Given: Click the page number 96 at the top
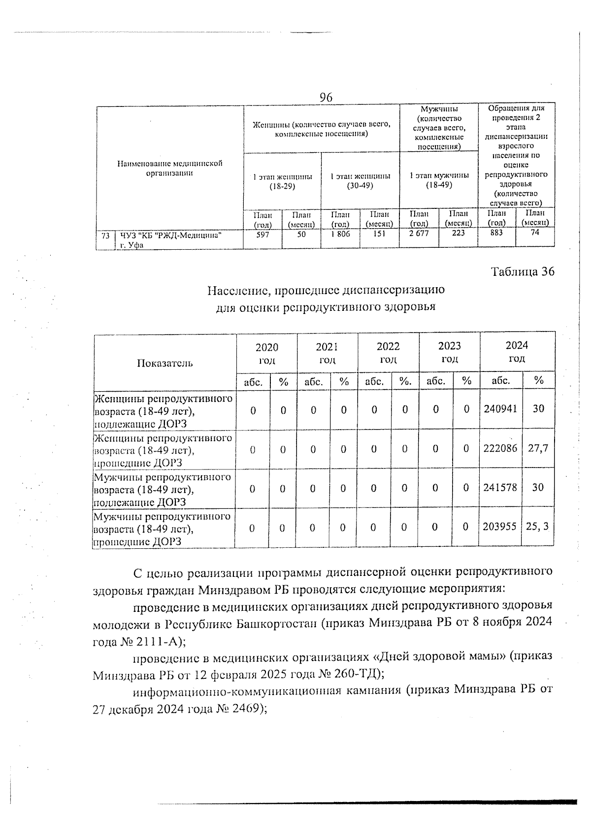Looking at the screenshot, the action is (326, 98).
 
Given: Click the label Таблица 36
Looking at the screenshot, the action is (523, 271).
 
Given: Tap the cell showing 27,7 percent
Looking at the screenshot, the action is (538, 448).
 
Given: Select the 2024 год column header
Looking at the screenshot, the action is (517, 352).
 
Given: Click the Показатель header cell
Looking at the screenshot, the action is (164, 364).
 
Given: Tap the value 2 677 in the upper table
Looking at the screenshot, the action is (419, 234).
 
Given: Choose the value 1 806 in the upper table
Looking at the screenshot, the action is (340, 234).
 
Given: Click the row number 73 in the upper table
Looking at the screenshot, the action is (105, 236).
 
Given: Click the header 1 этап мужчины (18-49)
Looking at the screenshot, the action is (439, 180).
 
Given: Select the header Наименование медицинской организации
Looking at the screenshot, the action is (169, 168).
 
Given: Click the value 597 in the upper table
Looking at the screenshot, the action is (263, 235).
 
